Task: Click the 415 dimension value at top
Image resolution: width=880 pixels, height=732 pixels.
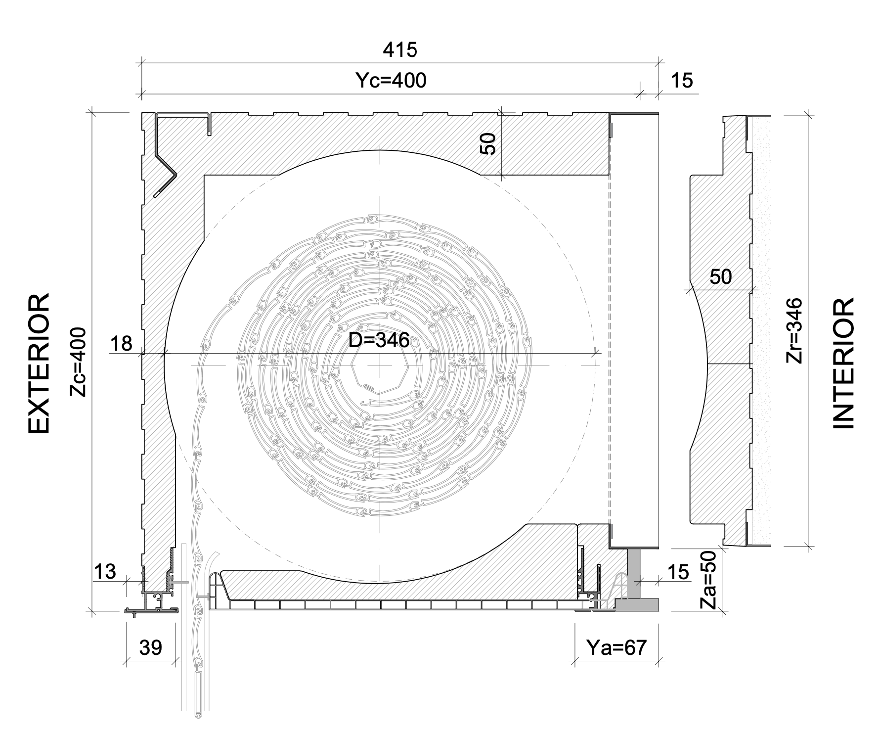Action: [x=400, y=49]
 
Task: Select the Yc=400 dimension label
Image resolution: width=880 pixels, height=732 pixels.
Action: [x=391, y=80]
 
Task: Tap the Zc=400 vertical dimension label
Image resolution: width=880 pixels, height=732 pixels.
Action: [x=79, y=362]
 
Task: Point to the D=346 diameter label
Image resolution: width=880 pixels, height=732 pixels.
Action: [x=379, y=340]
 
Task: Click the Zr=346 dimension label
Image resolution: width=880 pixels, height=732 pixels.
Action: [x=794, y=330]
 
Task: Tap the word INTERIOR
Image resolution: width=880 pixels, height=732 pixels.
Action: [x=844, y=364]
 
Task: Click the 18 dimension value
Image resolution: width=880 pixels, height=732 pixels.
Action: [x=121, y=343]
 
